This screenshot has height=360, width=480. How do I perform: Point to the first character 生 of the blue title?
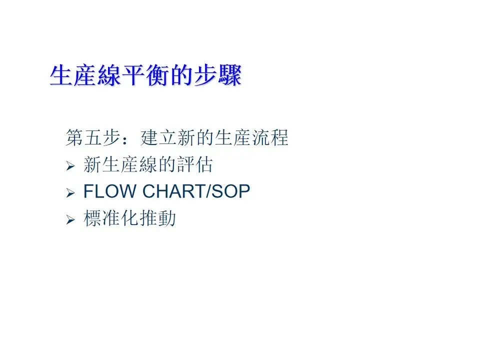(x=61, y=76)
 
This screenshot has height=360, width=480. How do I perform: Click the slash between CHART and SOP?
(x=205, y=191)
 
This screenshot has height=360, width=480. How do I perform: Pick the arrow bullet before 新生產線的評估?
(x=70, y=165)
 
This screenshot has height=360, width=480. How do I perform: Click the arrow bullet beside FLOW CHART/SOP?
(x=70, y=192)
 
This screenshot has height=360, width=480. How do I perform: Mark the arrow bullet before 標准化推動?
(x=70, y=220)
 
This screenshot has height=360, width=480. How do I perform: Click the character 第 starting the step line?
(x=74, y=137)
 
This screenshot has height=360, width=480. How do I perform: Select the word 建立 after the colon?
(x=159, y=137)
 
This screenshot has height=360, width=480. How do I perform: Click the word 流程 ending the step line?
(x=270, y=137)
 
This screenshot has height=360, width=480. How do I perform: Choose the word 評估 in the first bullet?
(x=195, y=164)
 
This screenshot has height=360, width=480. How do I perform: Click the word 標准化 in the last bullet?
(x=111, y=219)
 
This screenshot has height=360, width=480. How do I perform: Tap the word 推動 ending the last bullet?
(x=158, y=219)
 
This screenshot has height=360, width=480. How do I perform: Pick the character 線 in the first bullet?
(x=149, y=164)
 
